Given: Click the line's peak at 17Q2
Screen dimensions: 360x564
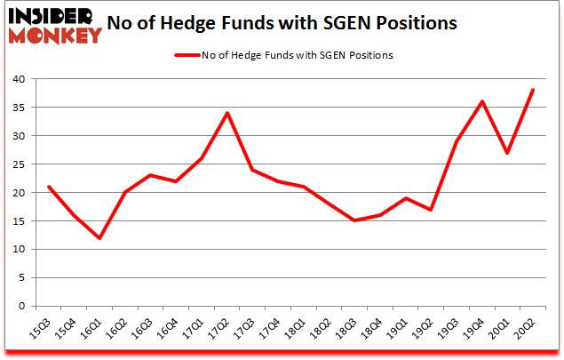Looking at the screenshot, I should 227,113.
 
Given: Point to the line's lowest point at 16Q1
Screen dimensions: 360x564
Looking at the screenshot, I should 99,238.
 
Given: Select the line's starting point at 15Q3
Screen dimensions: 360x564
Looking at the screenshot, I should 48,187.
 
